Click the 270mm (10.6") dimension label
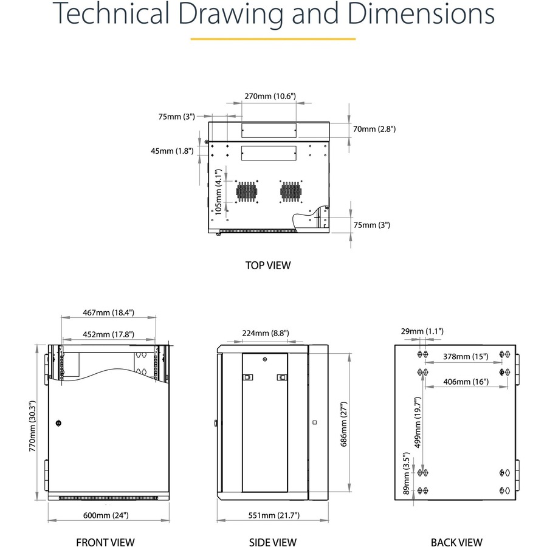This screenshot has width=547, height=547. (x=270, y=96)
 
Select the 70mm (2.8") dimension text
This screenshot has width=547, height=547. (x=374, y=129)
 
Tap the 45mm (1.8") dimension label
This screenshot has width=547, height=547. (x=172, y=151)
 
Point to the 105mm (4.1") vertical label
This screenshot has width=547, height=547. (x=218, y=192)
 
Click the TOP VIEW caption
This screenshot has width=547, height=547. (x=268, y=266)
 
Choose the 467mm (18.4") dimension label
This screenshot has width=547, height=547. (x=109, y=312)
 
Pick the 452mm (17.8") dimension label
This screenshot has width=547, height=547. (x=109, y=334)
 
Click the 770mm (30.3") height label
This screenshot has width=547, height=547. (x=32, y=426)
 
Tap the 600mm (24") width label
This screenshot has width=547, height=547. (x=106, y=515)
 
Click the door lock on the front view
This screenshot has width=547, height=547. (x=58, y=424)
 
